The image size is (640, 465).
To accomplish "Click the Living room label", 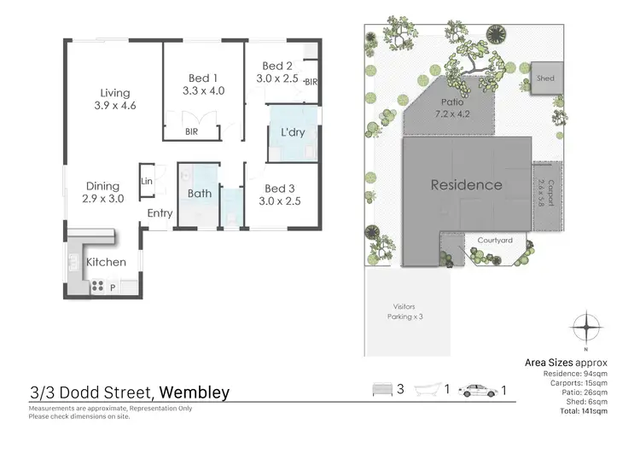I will tap(115, 93).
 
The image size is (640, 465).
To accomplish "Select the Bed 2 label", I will tap(278, 66).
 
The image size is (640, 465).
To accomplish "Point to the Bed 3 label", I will tap(281, 189).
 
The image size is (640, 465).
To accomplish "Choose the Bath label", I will tap(200, 193).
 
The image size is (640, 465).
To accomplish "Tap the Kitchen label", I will tap(106, 262).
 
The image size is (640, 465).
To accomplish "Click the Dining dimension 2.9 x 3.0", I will tap(104, 198).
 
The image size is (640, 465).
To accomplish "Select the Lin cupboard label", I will tap(147, 180).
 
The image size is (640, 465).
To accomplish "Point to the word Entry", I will tap(160, 213).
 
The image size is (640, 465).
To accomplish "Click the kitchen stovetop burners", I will tap(97, 286).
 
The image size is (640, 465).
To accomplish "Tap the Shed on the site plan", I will tap(545, 78).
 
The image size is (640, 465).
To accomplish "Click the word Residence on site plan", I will tap(466, 184).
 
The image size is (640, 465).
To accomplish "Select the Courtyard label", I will tap(495, 241).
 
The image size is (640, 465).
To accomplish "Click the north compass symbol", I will tap(586, 328).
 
